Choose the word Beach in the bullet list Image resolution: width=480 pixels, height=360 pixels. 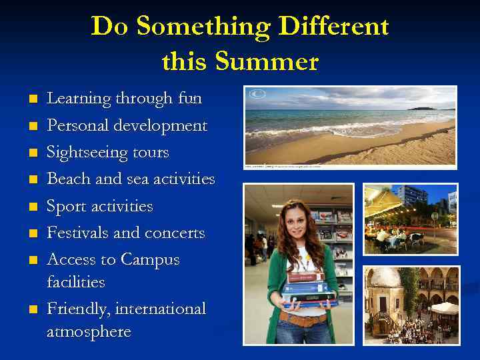69,179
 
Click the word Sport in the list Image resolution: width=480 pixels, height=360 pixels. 66,207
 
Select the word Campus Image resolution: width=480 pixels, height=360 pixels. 151,260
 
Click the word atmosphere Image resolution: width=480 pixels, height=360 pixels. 89,331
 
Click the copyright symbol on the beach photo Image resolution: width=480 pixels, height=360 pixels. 256,95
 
